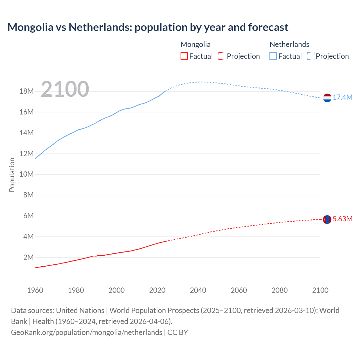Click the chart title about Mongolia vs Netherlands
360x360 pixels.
click(148, 27)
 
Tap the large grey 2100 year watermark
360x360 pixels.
click(65, 89)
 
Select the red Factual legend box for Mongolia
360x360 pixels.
click(184, 56)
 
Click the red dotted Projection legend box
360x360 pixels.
click(222, 56)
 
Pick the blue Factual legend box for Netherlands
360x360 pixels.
click(273, 56)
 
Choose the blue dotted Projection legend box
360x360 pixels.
click(311, 56)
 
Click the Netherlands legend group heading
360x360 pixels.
click(289, 44)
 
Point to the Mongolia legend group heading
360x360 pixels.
click(195, 44)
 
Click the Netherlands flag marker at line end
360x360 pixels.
click(327, 98)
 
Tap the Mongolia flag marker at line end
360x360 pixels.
click(327, 219)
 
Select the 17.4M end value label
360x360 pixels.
click(343, 98)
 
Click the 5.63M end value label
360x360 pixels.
click(343, 219)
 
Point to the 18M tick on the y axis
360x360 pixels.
click(26, 91)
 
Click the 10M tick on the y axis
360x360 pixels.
click(26, 174)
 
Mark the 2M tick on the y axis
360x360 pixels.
click(28, 257)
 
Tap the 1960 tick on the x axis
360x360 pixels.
click(35, 290)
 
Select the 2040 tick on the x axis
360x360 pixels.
click(198, 290)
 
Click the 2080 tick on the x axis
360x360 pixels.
click(280, 290)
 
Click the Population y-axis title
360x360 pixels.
click(12, 175)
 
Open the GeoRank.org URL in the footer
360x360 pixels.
click(87, 332)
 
